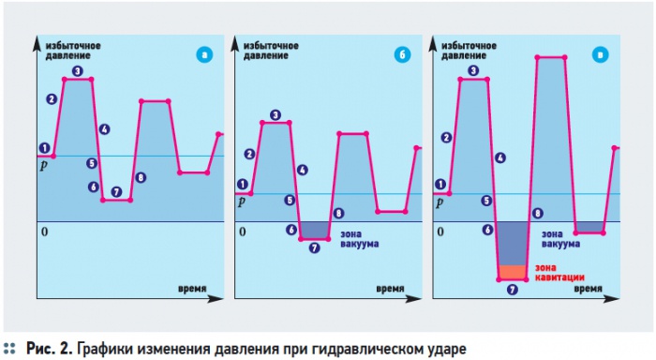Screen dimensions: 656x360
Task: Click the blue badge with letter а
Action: click(204, 54)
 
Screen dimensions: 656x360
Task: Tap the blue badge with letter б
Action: click(402, 54)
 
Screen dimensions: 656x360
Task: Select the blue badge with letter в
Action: click(601, 54)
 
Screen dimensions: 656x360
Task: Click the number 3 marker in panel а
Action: click(78, 71)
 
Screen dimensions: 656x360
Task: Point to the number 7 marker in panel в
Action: click(512, 290)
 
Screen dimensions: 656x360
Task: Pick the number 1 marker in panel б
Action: click(242, 184)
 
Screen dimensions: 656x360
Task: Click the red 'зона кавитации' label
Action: click(559, 273)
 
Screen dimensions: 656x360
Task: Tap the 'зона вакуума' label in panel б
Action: click(359, 239)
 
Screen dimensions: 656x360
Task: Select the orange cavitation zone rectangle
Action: click(513, 272)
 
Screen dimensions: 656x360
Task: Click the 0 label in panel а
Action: click(45, 232)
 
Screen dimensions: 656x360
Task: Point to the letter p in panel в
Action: click(440, 203)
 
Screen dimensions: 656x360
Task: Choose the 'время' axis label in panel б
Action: click(390, 289)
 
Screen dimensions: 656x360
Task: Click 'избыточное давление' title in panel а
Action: click(73, 51)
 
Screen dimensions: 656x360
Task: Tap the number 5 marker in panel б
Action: click(290, 200)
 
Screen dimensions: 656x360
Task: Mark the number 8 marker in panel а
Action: click(141, 177)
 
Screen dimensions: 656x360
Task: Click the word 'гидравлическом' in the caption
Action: click(376, 348)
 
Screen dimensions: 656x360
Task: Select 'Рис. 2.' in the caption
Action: click(50, 348)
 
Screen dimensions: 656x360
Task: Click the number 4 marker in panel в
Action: click(499, 157)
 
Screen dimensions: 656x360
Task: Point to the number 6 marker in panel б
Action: click(291, 230)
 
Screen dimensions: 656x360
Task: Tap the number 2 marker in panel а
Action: click(52, 99)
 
